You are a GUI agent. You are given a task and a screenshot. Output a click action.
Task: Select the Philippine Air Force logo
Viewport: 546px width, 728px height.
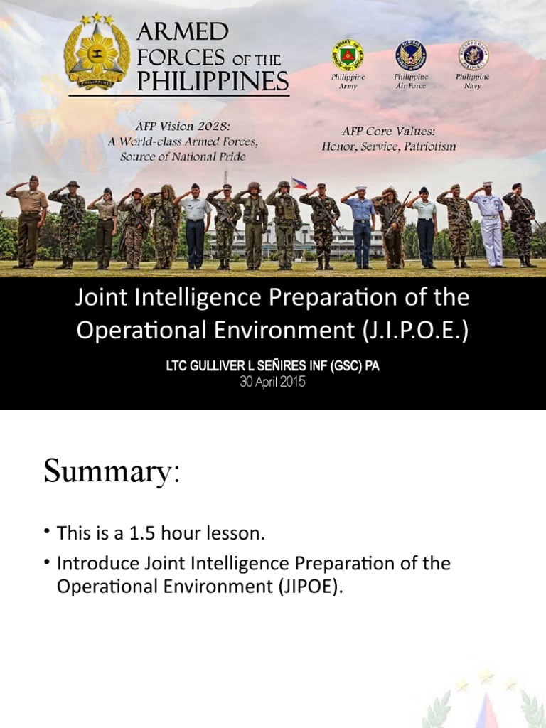pyautogui.click(x=410, y=55)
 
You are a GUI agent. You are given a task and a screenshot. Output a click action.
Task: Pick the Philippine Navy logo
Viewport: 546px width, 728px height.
pyautogui.click(x=473, y=55)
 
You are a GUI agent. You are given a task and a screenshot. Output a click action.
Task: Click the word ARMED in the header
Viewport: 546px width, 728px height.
pyautogui.click(x=182, y=32)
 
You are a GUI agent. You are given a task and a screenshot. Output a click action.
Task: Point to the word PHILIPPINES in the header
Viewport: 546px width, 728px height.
pyautogui.click(x=213, y=82)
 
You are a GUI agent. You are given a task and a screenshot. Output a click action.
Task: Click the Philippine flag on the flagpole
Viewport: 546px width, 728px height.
pyautogui.click(x=299, y=183)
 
